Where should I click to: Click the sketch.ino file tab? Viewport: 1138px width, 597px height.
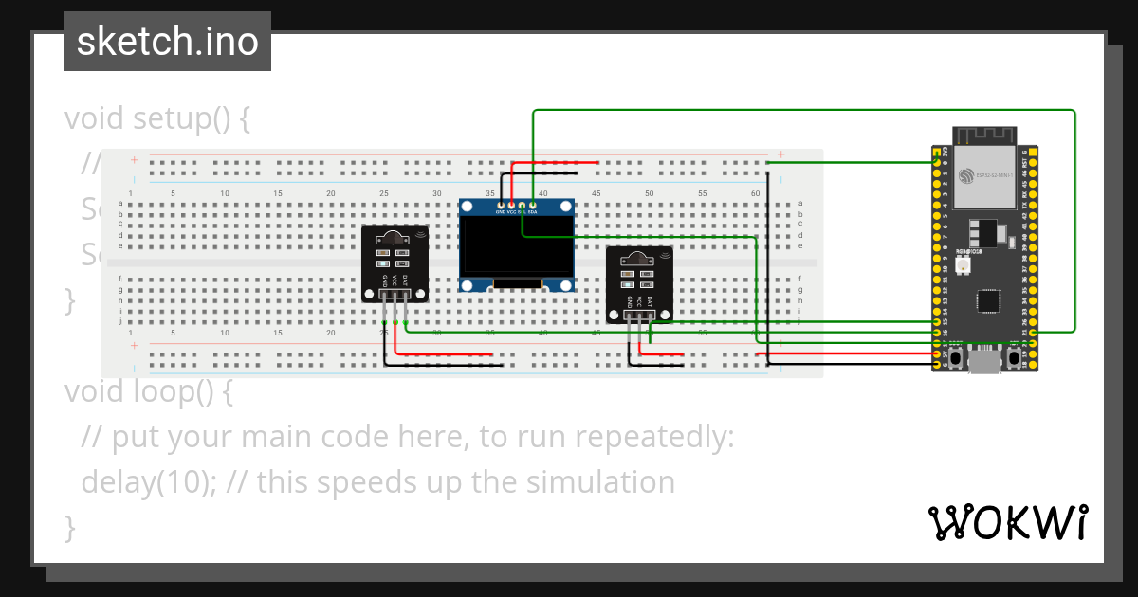tap(168, 42)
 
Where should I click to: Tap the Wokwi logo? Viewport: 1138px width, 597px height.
tap(1007, 522)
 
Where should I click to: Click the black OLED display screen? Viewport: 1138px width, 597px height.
tap(517, 247)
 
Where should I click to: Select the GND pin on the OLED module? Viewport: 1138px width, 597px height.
tap(501, 205)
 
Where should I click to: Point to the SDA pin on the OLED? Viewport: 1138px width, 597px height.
tap(533, 205)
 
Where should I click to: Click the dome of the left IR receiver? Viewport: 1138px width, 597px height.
tap(395, 238)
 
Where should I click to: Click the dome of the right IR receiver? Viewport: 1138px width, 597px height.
tap(639, 259)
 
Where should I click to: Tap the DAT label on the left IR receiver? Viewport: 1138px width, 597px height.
tap(406, 281)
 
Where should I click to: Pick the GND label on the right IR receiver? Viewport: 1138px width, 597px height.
tap(629, 302)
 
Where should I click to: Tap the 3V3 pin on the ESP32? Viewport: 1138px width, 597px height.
tap(938, 153)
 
